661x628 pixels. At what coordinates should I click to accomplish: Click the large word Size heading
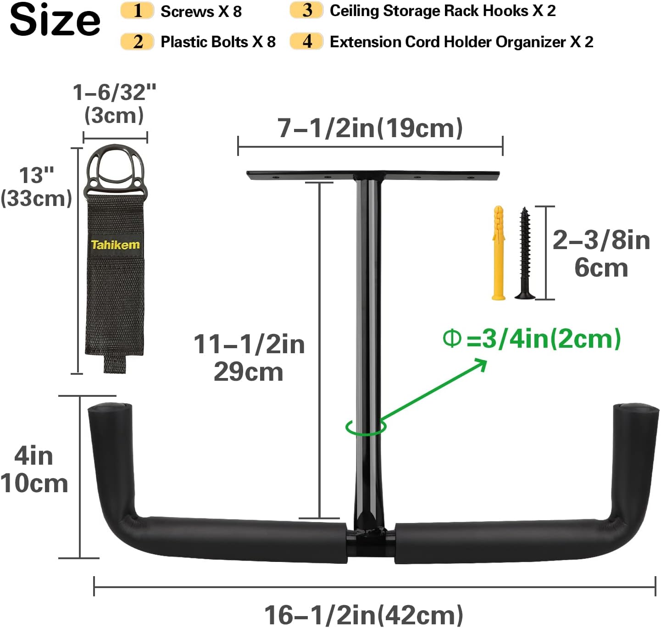[55, 20]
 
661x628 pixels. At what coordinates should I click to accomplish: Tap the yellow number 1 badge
[137, 11]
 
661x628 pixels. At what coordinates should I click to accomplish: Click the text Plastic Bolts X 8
[218, 42]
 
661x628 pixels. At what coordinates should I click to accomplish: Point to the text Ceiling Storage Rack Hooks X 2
[443, 11]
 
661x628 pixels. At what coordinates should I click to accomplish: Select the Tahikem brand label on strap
[115, 245]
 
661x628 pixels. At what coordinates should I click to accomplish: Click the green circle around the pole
[366, 427]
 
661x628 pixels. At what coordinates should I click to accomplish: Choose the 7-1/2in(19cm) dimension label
[370, 128]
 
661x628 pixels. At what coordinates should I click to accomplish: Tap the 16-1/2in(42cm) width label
[364, 615]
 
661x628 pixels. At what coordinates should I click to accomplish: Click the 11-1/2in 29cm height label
[249, 358]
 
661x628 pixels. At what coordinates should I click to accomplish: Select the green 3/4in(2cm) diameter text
[532, 339]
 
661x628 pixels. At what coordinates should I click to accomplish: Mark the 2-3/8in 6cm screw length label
[601, 254]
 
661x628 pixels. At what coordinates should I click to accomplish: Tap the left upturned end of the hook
[111, 440]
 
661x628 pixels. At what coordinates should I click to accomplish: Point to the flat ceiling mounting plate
[372, 175]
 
